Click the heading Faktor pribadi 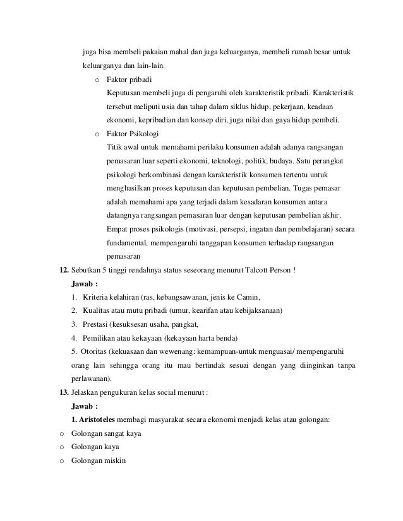[x=129, y=81]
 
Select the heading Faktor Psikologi [x=132, y=134]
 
